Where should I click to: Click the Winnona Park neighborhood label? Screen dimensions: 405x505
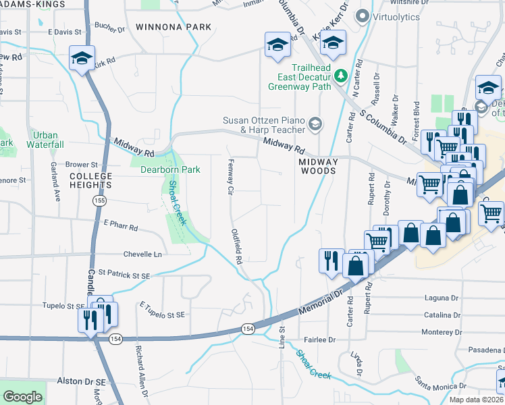pyautogui.click(x=173, y=28)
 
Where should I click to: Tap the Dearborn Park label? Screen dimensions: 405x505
pyautogui.click(x=169, y=169)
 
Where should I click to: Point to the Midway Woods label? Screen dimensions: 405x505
pyautogui.click(x=318, y=167)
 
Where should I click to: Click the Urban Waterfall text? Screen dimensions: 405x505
pyautogui.click(x=45, y=140)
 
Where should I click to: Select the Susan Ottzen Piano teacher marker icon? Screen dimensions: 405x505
pyautogui.click(x=315, y=123)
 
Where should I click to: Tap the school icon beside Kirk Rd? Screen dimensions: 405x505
pyautogui.click(x=82, y=58)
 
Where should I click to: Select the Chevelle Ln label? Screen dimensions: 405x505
pyautogui.click(x=142, y=254)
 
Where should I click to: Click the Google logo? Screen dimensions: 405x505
pyautogui.click(x=22, y=397)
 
